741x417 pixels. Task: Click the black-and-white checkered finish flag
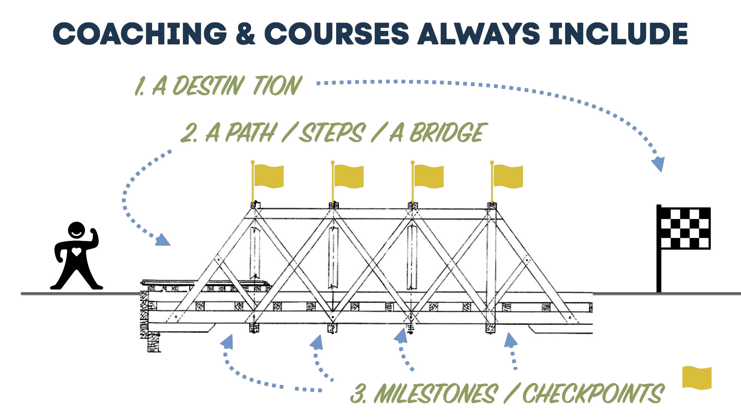pyautogui.click(x=685, y=229)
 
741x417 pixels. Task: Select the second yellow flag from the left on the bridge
pyautogui.click(x=348, y=176)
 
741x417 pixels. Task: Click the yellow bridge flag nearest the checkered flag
pyautogui.click(x=507, y=176)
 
